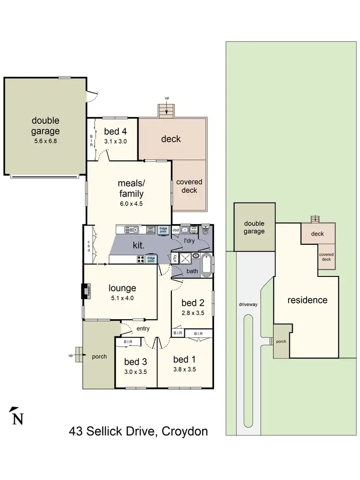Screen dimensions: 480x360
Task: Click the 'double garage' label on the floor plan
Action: pyautogui.click(x=46, y=125)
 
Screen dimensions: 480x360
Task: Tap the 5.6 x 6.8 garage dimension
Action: pyautogui.click(x=46, y=141)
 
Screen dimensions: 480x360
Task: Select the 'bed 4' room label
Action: pyautogui.click(x=115, y=132)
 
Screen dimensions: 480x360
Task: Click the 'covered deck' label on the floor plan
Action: pyautogui.click(x=189, y=186)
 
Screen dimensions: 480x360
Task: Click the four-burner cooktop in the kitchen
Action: pyautogui.click(x=142, y=259)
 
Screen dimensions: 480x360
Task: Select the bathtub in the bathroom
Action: pyautogui.click(x=206, y=265)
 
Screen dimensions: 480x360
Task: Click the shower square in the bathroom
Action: pyautogui.click(x=184, y=256)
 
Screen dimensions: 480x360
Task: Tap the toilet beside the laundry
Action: pyautogui.click(x=205, y=228)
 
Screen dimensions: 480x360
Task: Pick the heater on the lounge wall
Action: pyautogui.click(x=85, y=291)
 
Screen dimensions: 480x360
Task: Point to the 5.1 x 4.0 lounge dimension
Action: pyautogui.click(x=122, y=298)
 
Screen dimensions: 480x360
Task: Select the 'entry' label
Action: pyautogui.click(x=143, y=328)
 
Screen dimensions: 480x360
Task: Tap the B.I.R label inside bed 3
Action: pyautogui.click(x=128, y=342)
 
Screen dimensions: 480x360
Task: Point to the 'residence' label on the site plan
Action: pyautogui.click(x=307, y=300)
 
